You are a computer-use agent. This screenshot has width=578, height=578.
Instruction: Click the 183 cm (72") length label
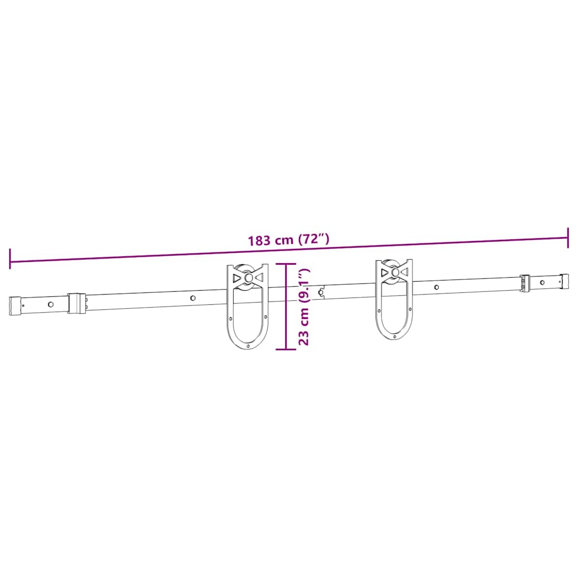point(288,239)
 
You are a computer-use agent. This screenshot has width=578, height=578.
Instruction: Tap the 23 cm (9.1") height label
point(304,307)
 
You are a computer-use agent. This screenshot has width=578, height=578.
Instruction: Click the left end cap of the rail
point(15,305)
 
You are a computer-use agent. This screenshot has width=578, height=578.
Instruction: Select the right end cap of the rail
point(564,280)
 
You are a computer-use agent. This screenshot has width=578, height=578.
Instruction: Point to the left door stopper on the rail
point(76,303)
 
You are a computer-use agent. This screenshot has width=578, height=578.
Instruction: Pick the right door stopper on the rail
point(525,283)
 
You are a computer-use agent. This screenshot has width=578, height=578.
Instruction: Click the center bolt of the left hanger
point(247,278)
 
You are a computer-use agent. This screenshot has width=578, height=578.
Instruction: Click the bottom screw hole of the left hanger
point(248,345)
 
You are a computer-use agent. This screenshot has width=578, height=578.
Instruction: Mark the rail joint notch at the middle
point(322,292)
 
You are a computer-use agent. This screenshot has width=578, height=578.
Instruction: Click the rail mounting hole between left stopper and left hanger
point(193,297)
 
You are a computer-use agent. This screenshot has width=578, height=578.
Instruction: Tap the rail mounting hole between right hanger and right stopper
point(436,287)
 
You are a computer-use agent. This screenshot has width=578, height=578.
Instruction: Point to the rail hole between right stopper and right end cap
point(542,282)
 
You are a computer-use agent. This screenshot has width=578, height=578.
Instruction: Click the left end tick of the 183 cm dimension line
point(10,258)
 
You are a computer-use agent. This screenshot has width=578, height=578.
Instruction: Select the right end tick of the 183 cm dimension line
point(568,238)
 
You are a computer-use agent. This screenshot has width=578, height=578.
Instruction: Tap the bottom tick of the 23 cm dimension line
point(286,349)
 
